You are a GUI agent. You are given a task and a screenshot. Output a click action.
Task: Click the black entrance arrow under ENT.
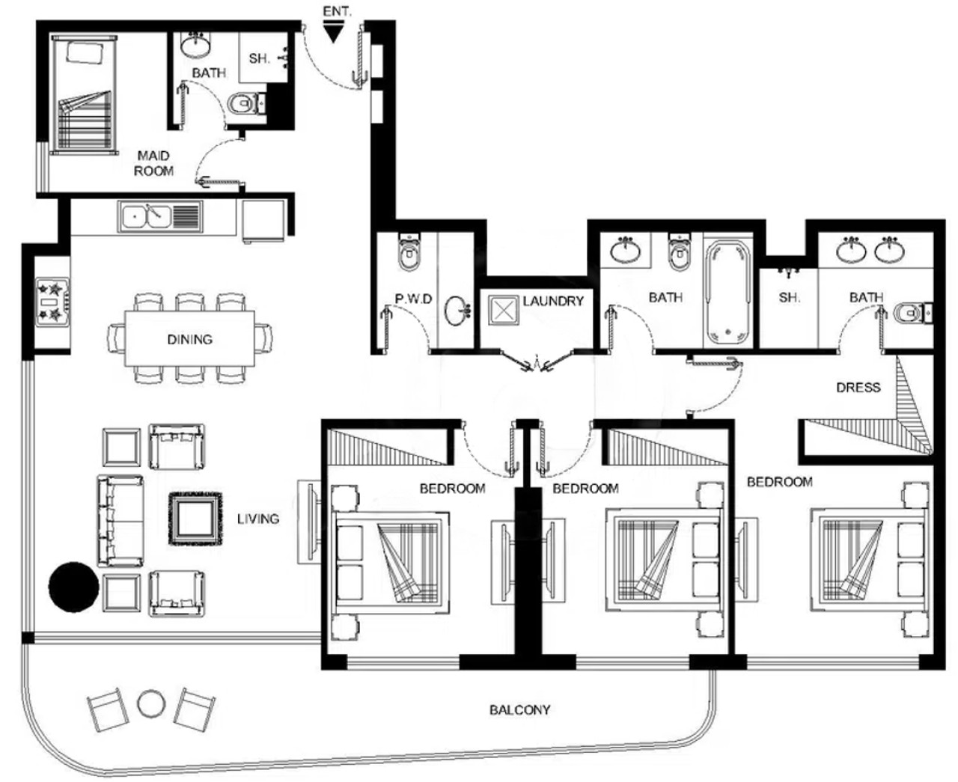coord(333,34)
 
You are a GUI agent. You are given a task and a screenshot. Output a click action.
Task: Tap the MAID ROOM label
coord(153,163)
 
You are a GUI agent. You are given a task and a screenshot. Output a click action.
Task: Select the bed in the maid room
coord(84,94)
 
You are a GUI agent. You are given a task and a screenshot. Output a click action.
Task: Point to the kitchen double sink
coord(160,216)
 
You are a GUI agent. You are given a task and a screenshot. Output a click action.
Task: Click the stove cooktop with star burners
coord(52,302)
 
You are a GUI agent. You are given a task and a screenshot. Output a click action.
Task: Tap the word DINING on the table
coord(189,339)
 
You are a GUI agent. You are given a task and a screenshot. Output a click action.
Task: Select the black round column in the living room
coord(73,587)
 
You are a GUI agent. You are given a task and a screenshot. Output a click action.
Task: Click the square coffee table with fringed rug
coord(195,519)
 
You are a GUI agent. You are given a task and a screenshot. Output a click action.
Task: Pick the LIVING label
coord(258,519)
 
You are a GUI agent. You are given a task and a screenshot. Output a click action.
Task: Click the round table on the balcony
coord(151,703)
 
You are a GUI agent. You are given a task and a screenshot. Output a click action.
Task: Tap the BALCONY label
coord(519,709)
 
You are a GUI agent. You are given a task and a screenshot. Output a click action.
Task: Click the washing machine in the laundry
coord(503,311)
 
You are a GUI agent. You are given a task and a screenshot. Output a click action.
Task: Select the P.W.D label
coord(413,299)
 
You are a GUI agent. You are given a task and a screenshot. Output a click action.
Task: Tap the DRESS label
coord(858,388)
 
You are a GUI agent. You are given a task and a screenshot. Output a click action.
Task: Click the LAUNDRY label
coord(553,301)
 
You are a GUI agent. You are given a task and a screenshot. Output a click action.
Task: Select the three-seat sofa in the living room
coord(120,521)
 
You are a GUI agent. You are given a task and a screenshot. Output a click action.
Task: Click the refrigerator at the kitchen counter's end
coord(263,222)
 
